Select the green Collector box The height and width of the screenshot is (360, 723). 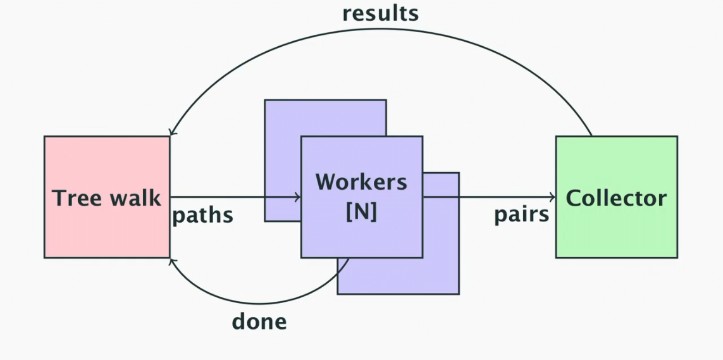[x=616, y=234]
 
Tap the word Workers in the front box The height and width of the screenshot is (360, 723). [x=361, y=182]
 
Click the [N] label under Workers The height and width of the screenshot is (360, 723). [x=361, y=212]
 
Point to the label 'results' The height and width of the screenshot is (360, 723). [x=380, y=13]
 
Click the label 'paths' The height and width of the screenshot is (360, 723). [x=202, y=216]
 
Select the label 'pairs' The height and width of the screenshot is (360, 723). [x=521, y=214]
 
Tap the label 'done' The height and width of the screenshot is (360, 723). [x=259, y=321]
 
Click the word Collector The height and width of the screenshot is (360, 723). [x=616, y=198]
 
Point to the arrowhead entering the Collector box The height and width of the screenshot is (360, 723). [x=552, y=197]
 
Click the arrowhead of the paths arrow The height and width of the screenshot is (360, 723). [x=297, y=197]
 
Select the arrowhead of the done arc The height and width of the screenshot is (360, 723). [x=171, y=261]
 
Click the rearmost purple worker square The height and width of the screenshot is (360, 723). [x=282, y=118]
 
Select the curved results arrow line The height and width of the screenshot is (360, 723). [x=380, y=28]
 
